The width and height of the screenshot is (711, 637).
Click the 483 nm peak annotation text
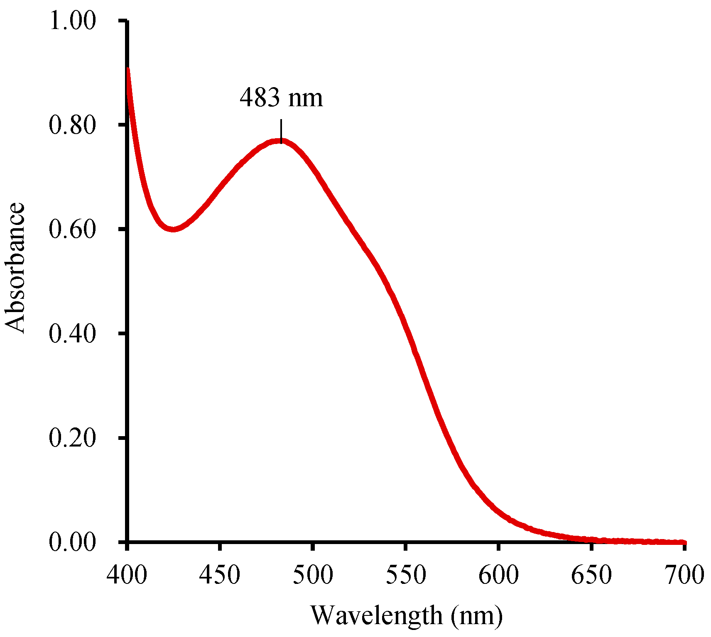click(x=281, y=98)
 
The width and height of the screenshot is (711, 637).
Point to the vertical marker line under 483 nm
click(x=281, y=131)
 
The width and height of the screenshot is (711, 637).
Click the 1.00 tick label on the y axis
click(x=72, y=20)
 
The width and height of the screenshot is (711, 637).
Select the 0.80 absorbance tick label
click(x=72, y=124)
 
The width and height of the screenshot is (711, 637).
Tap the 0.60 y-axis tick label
click(x=72, y=229)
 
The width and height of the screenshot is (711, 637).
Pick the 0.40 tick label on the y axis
click(x=72, y=333)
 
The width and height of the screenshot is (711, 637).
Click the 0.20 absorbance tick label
click(x=72, y=438)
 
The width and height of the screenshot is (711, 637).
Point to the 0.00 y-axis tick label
click(x=72, y=542)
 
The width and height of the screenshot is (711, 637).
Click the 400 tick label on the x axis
click(x=127, y=575)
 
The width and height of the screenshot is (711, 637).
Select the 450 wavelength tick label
click(x=220, y=575)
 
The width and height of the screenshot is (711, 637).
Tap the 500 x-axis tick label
click(x=313, y=575)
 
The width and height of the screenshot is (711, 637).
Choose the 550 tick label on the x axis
click(x=406, y=575)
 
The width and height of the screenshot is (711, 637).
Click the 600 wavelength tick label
click(x=498, y=575)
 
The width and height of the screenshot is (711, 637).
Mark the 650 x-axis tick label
click(x=591, y=575)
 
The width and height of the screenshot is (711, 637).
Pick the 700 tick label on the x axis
click(x=684, y=575)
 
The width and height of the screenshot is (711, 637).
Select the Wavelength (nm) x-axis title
click(x=407, y=615)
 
